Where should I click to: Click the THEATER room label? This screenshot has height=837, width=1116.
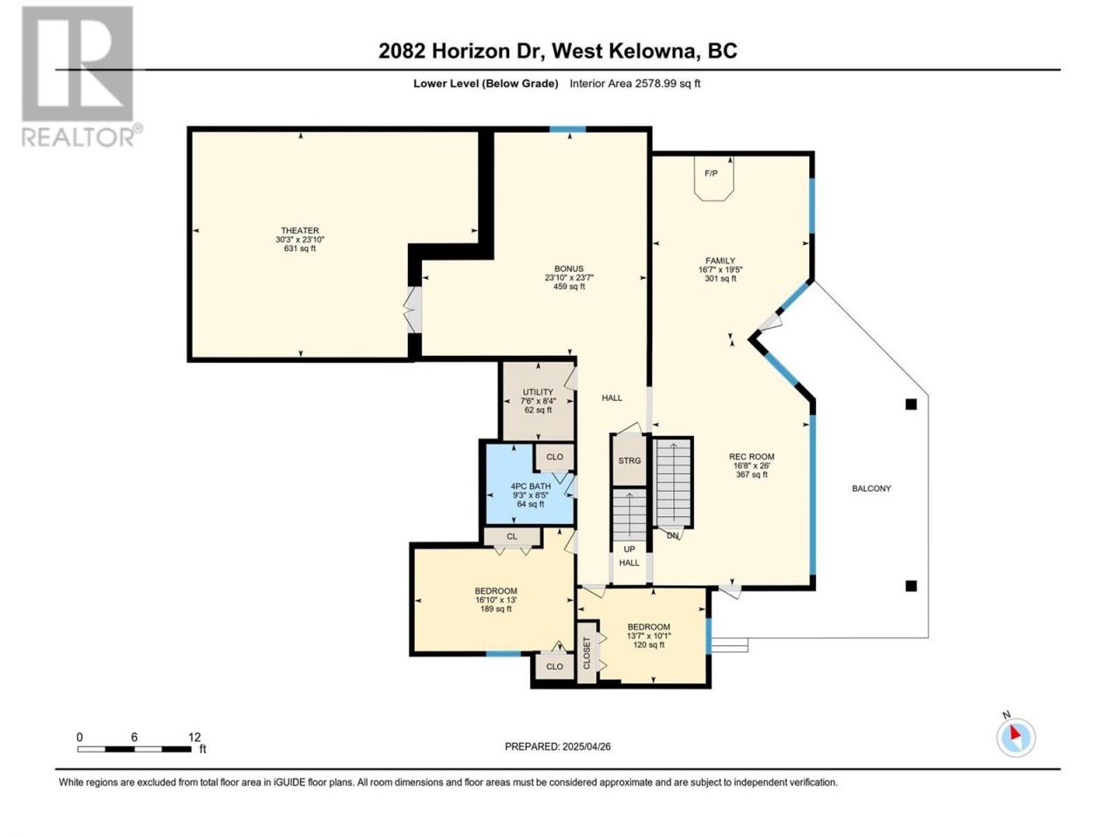tap(300, 230)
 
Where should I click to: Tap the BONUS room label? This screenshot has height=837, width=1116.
tap(569, 269)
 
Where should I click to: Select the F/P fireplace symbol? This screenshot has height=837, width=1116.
tap(714, 179)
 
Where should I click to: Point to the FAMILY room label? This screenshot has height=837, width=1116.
tap(720, 261)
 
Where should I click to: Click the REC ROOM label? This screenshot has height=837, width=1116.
tap(752, 456)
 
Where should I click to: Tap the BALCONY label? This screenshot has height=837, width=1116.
tap(872, 488)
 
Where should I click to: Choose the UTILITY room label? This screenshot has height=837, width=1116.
tap(538, 391)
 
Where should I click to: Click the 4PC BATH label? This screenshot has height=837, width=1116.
tap(530, 486)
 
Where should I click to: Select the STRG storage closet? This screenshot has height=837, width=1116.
tap(629, 460)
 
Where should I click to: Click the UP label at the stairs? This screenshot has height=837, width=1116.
tap(629, 549)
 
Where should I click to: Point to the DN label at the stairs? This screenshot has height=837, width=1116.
tap(672, 535)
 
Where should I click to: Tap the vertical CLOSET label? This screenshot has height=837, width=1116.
tap(586, 653)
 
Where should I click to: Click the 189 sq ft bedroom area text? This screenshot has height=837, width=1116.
tap(496, 609)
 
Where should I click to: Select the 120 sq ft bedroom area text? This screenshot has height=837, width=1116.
tap(649, 645)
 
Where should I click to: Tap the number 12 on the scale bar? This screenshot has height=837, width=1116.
tap(194, 737)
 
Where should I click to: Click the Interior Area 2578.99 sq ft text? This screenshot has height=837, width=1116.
tap(635, 84)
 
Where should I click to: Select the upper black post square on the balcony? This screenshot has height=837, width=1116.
tap(911, 405)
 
